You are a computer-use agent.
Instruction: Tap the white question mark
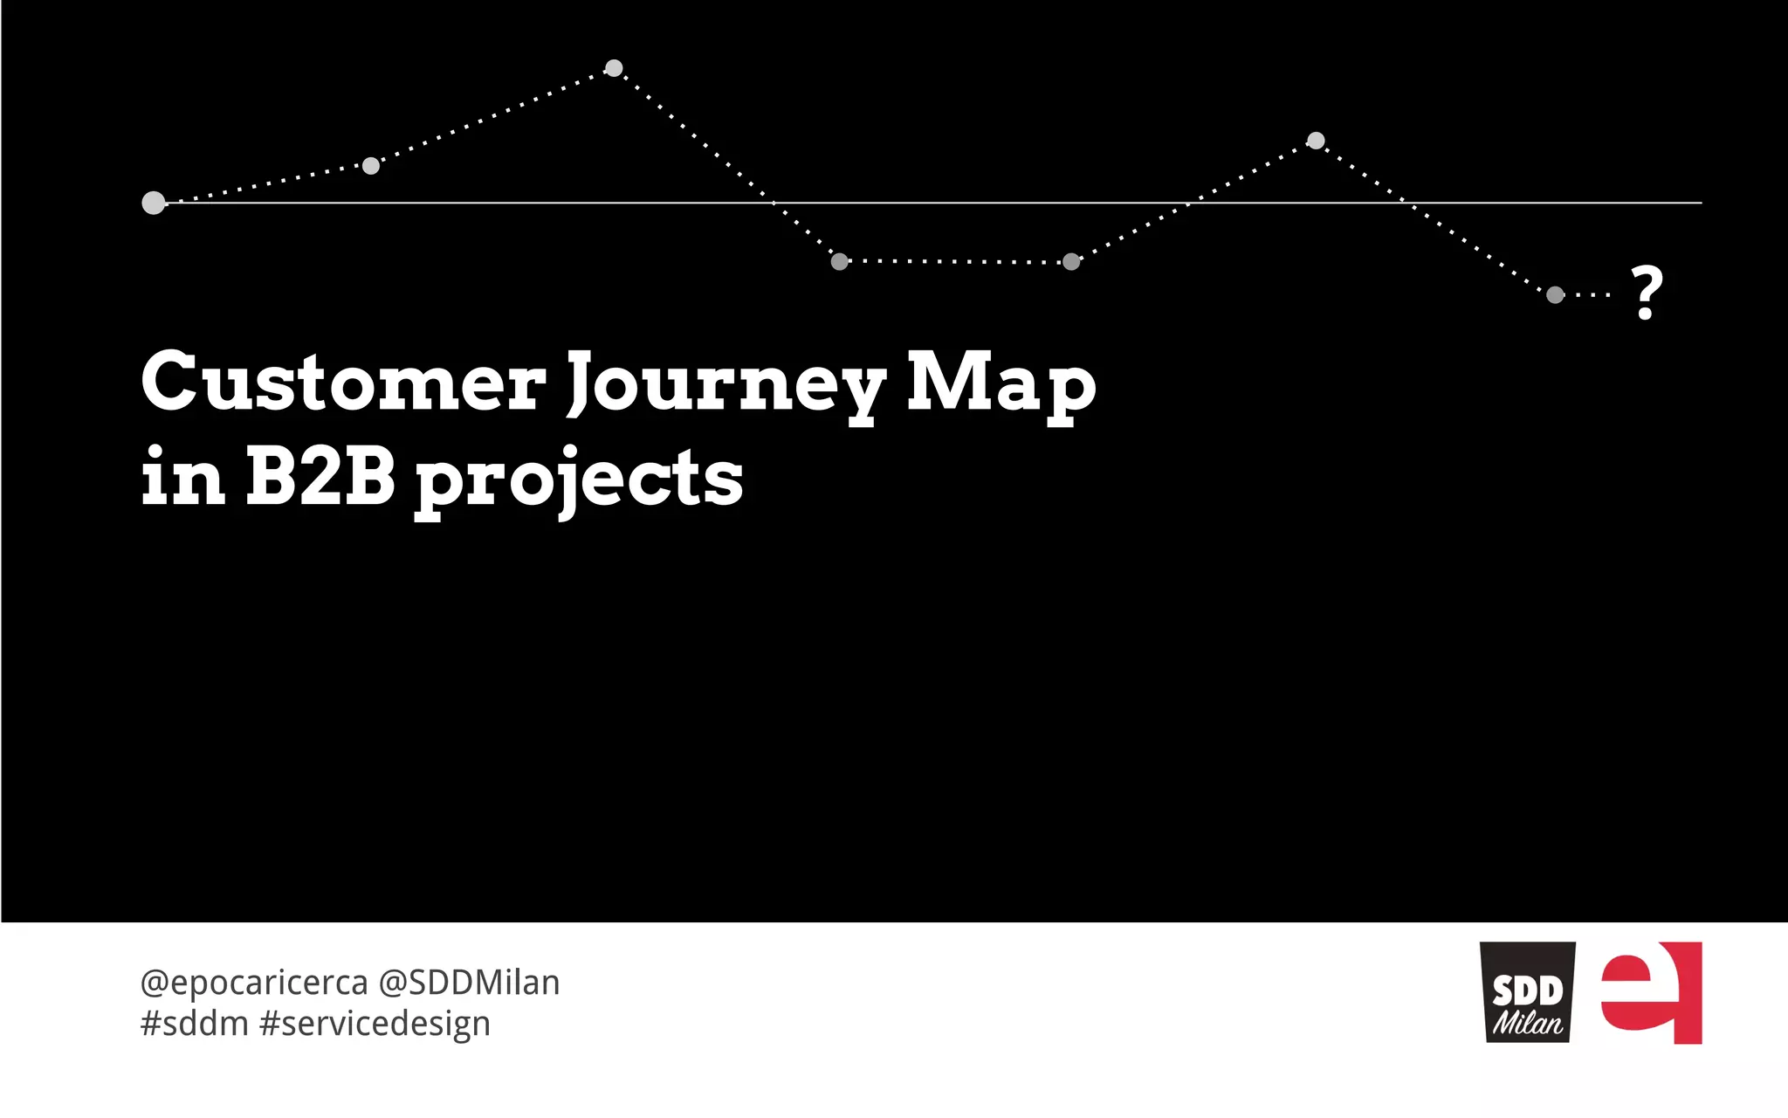pyautogui.click(x=1647, y=293)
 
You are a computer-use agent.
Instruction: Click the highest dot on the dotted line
pyautogui.click(x=614, y=68)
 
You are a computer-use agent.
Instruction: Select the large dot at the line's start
pyautogui.click(x=154, y=204)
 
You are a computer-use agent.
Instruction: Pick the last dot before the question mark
pyautogui.click(x=1555, y=295)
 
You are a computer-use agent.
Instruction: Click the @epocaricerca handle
pyautogui.click(x=253, y=983)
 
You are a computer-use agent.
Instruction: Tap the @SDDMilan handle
pyautogui.click(x=469, y=983)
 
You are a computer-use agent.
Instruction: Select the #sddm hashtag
pyautogui.click(x=194, y=1024)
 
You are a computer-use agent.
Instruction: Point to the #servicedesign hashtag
pyautogui.click(x=375, y=1024)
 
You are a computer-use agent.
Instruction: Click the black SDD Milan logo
pyautogui.click(x=1527, y=992)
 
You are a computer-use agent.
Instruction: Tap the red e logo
pyautogui.click(x=1652, y=992)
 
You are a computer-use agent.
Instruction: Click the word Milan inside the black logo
pyautogui.click(x=1527, y=1023)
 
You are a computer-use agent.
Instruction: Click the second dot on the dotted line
pyautogui.click(x=371, y=166)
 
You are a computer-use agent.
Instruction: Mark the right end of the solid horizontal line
pyautogui.click(x=1700, y=203)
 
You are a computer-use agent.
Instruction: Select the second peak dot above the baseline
pyautogui.click(x=1316, y=141)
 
